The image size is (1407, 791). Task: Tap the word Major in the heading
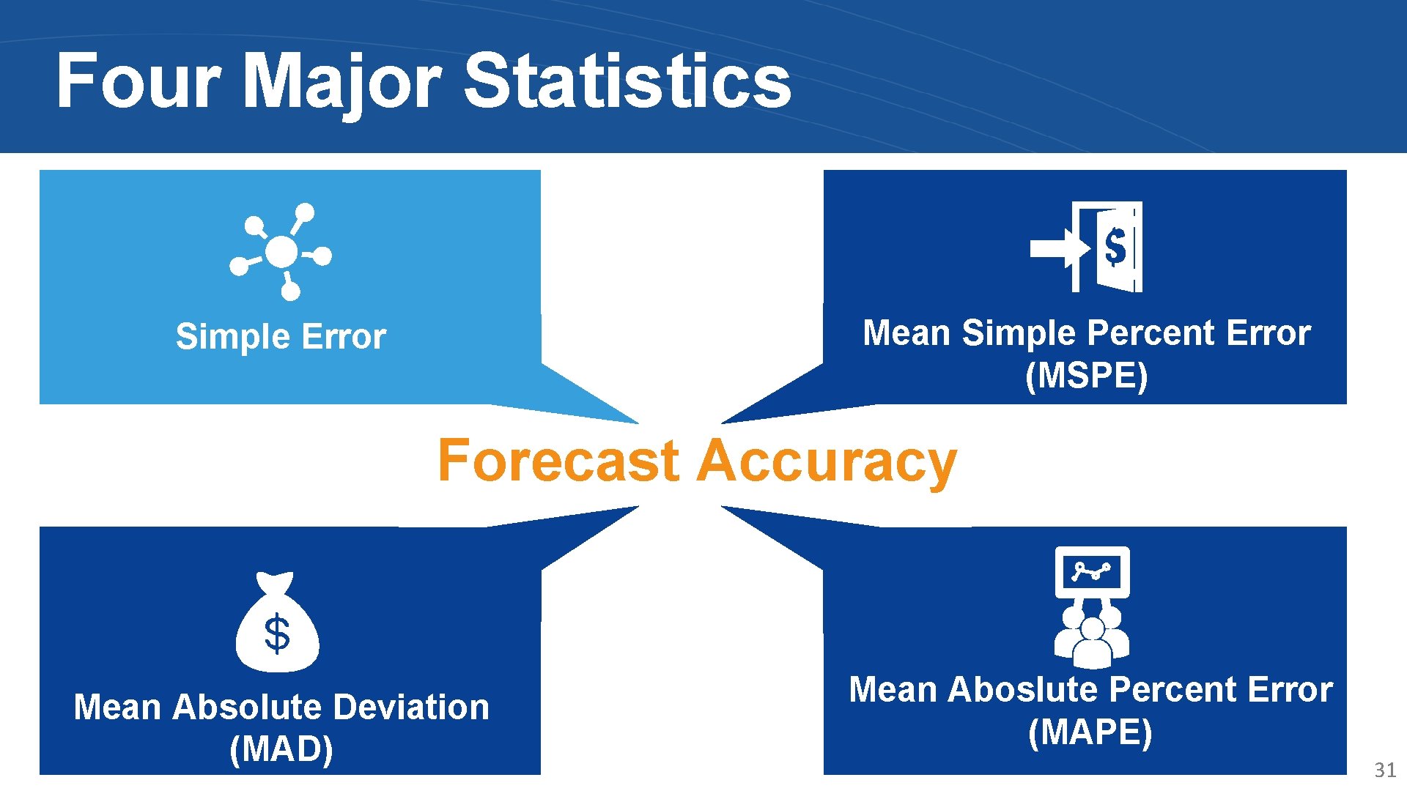click(341, 82)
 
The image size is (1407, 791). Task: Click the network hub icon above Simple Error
click(281, 252)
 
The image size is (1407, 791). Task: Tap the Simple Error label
click(281, 337)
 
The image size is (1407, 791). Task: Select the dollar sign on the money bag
click(277, 634)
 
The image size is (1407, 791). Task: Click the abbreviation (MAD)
click(281, 749)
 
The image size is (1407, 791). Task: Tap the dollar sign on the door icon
click(1115, 247)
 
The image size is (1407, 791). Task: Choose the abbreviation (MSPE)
click(1086, 376)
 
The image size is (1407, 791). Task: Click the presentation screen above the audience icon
click(1092, 571)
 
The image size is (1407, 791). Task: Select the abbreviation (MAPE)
click(1090, 732)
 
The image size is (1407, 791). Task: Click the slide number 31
click(1384, 770)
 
